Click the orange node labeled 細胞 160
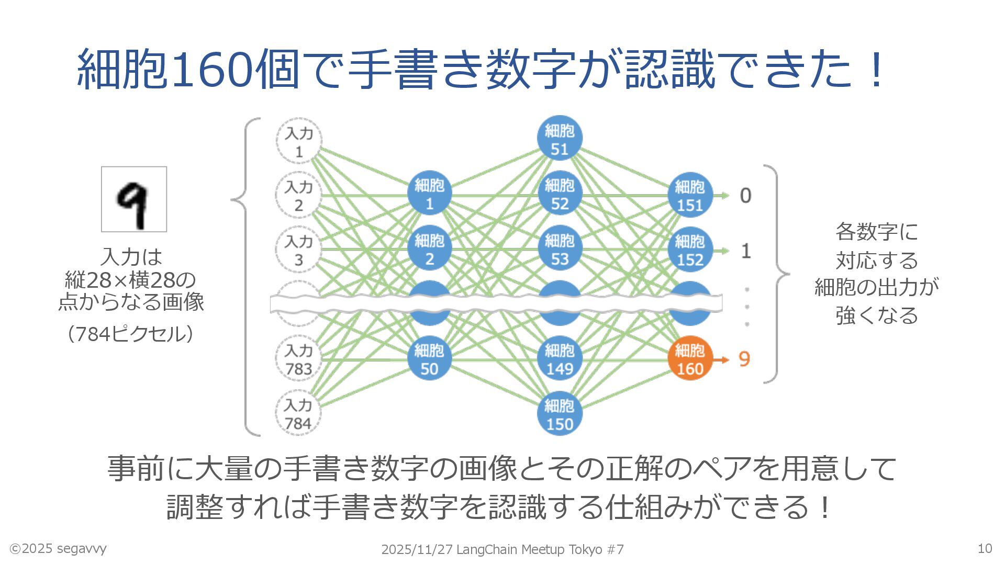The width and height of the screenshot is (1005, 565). pos(690,358)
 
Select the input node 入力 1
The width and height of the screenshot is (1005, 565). pos(299,141)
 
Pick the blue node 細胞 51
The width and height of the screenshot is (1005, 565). pos(560,139)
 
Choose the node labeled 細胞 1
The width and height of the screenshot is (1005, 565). pos(429,194)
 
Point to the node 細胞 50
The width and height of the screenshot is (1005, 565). pos(429,358)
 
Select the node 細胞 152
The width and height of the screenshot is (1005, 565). pos(690,250)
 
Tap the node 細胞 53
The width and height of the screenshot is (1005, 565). pos(560,249)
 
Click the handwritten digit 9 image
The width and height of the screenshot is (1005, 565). pos(134,199)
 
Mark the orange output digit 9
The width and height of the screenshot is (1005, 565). pos(744,359)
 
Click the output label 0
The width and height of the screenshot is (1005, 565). pos(745,196)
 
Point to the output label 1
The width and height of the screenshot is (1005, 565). pos(746,251)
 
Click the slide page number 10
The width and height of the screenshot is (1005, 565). pos(985,548)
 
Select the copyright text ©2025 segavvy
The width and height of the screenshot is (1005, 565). pos(58,548)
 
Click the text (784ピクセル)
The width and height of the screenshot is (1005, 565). pos(131,334)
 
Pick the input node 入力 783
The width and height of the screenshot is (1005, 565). pos(298,359)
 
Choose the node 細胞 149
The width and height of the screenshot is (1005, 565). pos(560,358)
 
